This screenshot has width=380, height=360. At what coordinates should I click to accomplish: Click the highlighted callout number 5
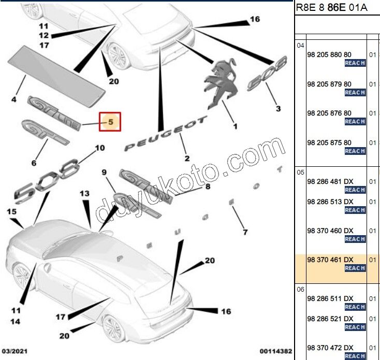[x=110, y=122]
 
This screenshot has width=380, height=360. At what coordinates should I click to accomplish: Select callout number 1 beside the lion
[x=235, y=126]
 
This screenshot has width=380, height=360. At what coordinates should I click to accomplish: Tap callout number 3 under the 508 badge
[x=278, y=108]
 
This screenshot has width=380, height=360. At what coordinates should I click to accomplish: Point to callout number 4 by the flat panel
[x=14, y=99]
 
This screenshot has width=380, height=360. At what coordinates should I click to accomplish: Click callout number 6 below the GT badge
[x=34, y=163]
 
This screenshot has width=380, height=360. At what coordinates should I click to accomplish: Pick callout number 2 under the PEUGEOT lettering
[x=187, y=158]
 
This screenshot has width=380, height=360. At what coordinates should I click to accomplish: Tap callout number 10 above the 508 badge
[x=99, y=148]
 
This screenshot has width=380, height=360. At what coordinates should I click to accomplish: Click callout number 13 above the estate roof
[x=84, y=193]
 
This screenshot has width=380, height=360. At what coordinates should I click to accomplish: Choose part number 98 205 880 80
[x=329, y=54]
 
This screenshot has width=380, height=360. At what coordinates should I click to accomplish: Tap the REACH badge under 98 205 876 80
[x=355, y=122]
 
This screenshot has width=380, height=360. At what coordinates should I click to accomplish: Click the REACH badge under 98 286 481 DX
[x=355, y=190]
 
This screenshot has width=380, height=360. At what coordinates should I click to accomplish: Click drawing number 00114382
[x=275, y=351]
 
